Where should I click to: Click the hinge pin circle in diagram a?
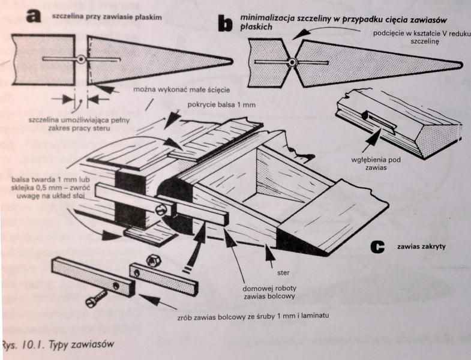(81, 59)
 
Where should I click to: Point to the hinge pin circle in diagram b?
(292, 62)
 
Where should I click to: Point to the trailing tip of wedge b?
(458, 63)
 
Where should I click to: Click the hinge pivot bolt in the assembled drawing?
(161, 211)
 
